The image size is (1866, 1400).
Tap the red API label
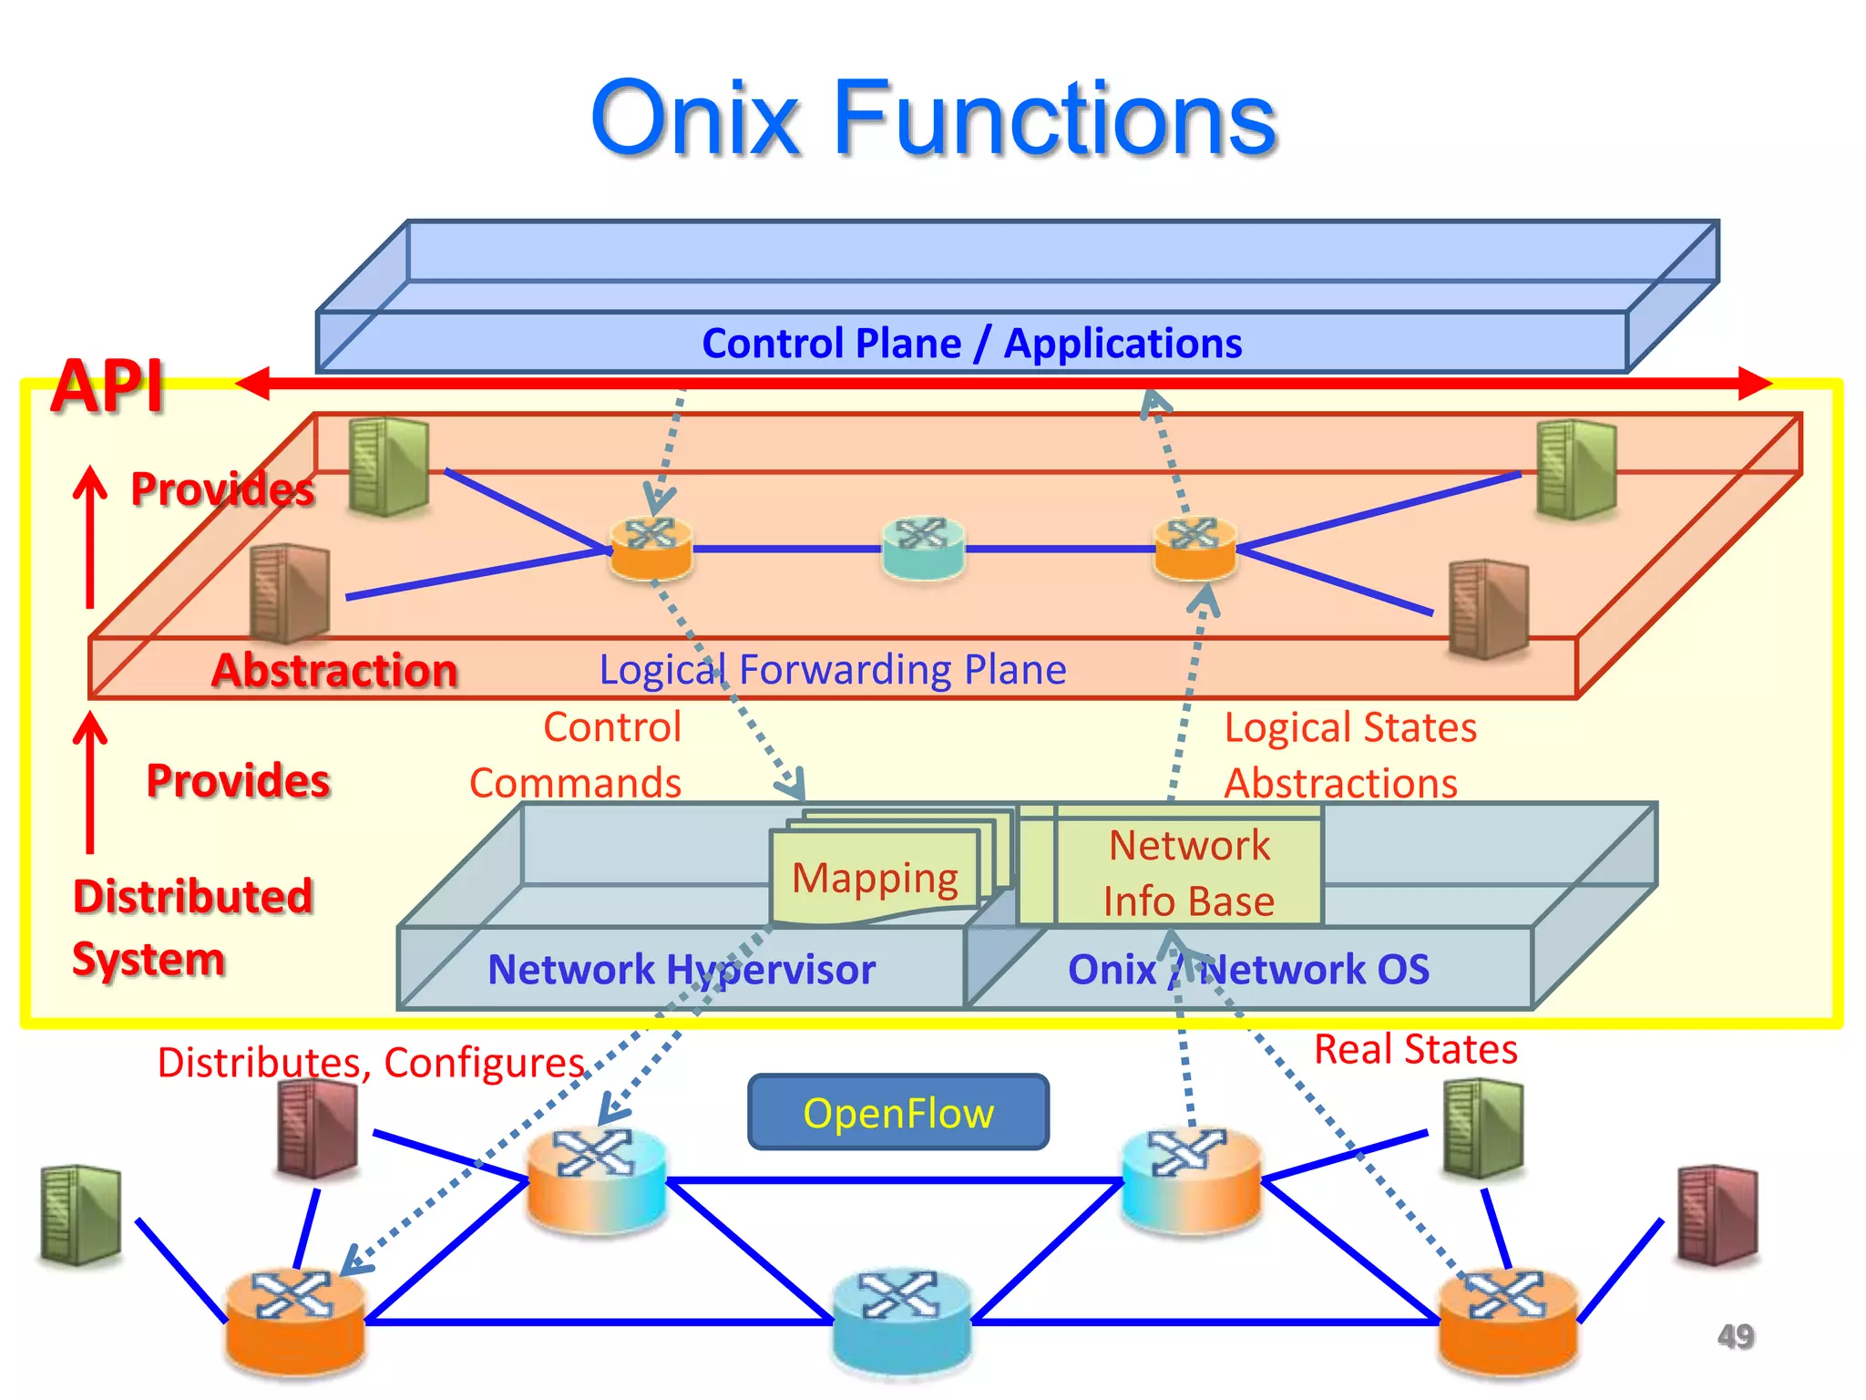point(108,386)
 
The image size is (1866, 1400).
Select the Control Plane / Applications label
point(971,344)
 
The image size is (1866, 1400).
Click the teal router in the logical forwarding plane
point(923,547)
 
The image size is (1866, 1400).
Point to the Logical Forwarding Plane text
point(832,669)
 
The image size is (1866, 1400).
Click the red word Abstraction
point(334,671)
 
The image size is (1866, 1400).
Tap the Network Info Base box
point(1188,872)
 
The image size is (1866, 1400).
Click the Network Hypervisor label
point(682,969)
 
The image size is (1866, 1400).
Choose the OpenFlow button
point(898,1113)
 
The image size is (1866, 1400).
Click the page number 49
point(1735,1336)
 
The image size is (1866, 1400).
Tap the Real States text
point(1415,1049)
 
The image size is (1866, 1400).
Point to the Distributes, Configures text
point(371,1063)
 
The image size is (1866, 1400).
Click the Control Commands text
point(577,756)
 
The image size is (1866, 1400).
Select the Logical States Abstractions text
point(1348,756)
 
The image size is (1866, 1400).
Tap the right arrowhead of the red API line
point(1754,384)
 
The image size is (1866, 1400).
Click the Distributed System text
point(192,928)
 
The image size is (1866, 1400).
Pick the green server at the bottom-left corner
point(81,1215)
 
